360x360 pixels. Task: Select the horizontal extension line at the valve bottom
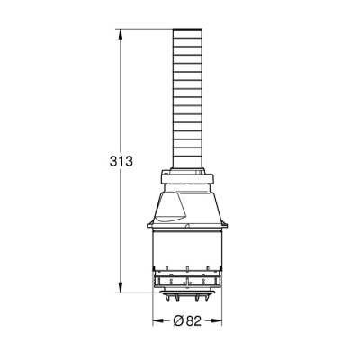139,292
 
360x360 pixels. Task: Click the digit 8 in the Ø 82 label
191,321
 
